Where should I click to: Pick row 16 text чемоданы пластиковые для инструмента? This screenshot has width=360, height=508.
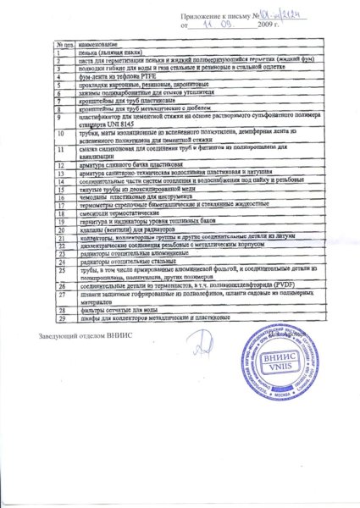[125, 197]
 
